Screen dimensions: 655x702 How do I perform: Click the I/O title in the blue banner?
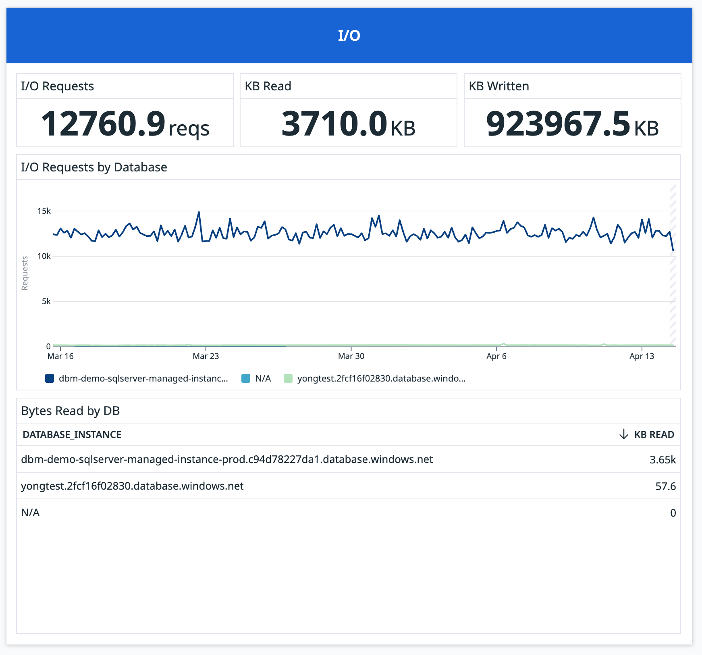pyautogui.click(x=349, y=35)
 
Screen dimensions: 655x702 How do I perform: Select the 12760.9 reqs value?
pyautogui.click(x=125, y=124)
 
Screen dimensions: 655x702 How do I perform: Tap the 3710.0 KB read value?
pyautogui.click(x=348, y=124)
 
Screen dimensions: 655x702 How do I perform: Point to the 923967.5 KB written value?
pyautogui.click(x=572, y=124)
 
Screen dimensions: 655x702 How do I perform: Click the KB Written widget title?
pyautogui.click(x=499, y=86)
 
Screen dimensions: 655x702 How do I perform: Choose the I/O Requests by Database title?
pyautogui.click(x=94, y=167)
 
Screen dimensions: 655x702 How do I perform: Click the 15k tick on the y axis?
pyautogui.click(x=44, y=211)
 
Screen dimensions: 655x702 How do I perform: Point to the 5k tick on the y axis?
pyautogui.click(x=46, y=301)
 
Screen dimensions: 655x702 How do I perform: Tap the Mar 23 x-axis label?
pyautogui.click(x=206, y=356)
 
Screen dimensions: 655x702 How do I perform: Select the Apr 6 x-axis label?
pyautogui.click(x=496, y=356)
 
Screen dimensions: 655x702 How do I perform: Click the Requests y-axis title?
pyautogui.click(x=25, y=273)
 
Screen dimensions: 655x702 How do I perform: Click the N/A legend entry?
pyautogui.click(x=263, y=379)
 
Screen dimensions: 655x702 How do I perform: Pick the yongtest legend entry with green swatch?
pyautogui.click(x=381, y=379)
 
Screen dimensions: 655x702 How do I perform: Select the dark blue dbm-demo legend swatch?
pyautogui.click(x=50, y=379)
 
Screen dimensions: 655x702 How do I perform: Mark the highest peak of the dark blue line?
pyautogui.click(x=199, y=212)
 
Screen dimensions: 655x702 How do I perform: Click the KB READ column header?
pyautogui.click(x=654, y=435)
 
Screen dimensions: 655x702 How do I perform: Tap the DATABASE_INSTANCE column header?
pyautogui.click(x=72, y=435)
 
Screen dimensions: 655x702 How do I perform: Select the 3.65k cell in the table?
pyautogui.click(x=662, y=460)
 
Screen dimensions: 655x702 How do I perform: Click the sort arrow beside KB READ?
pyautogui.click(x=623, y=434)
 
